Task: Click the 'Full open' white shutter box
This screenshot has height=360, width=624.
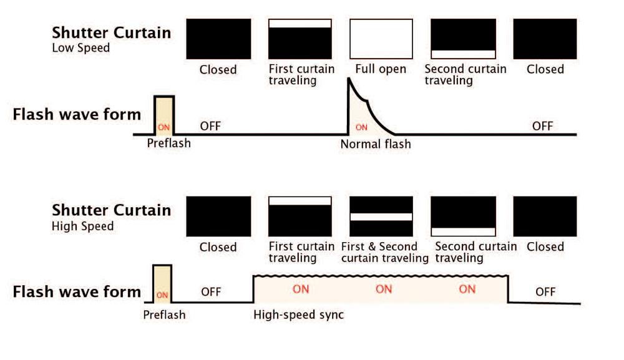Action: coord(381,39)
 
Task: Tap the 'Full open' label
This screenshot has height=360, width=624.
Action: coord(381,69)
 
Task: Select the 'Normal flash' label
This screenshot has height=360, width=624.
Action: coord(376,144)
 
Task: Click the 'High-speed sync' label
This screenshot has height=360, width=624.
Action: coord(298,314)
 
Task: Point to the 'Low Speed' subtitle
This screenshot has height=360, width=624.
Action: coord(80,47)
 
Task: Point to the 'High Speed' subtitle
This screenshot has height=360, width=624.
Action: coord(82,225)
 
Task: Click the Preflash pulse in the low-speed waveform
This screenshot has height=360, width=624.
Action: coord(165,115)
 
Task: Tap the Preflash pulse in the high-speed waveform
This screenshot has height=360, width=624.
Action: coord(162,284)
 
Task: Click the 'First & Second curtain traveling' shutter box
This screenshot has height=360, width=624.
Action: coord(381,216)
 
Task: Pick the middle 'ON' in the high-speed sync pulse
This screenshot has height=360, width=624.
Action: coord(384,289)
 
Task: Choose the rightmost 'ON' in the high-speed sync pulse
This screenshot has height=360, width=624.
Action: coord(467,289)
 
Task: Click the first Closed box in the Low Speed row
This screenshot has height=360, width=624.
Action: coord(218,39)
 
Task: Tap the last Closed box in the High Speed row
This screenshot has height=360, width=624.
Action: coord(545,216)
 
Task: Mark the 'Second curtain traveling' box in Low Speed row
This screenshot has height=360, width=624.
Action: coord(464,39)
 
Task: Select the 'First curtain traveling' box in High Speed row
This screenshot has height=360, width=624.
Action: coord(300,216)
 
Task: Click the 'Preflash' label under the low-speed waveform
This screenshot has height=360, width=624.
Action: coord(168,143)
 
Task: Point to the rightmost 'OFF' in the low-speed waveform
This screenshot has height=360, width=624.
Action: coord(542,126)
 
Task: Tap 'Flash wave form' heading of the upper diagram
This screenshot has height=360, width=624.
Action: coord(77,115)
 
